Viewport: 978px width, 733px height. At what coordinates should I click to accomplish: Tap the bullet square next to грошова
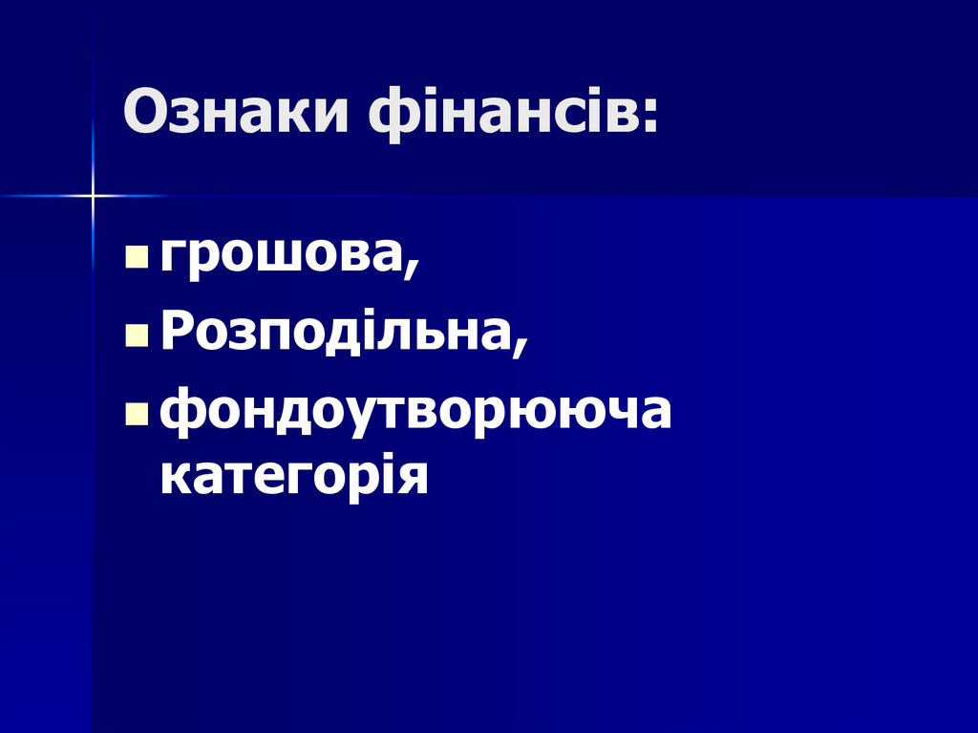(x=137, y=259)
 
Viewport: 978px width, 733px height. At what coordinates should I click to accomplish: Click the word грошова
(x=285, y=256)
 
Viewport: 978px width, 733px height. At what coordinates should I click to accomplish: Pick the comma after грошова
(x=412, y=272)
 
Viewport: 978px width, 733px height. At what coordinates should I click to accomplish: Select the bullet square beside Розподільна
(x=137, y=338)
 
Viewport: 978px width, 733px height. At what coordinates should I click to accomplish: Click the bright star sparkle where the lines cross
(x=93, y=196)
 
